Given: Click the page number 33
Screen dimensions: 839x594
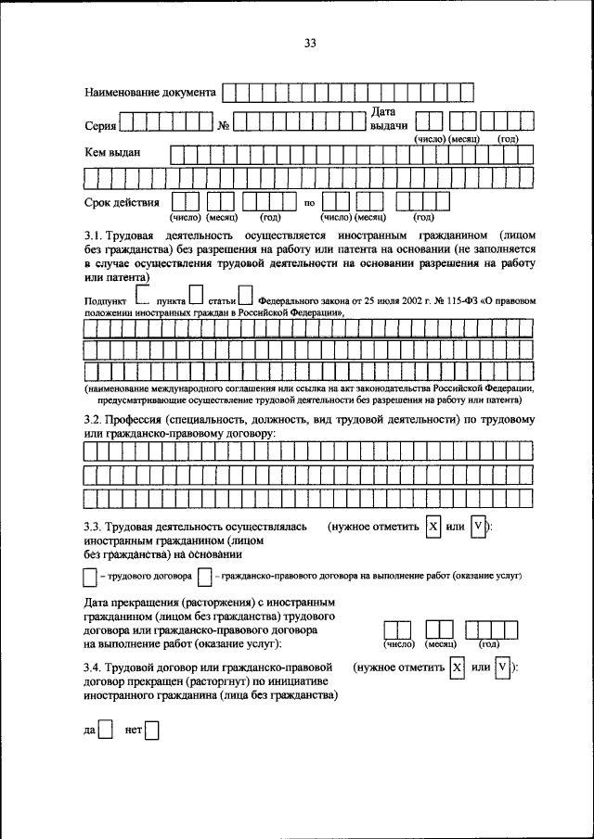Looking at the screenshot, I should pyautogui.click(x=310, y=43).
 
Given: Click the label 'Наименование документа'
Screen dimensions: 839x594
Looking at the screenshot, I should pyautogui.click(x=151, y=93).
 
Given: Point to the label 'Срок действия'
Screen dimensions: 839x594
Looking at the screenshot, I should pyautogui.click(x=122, y=201).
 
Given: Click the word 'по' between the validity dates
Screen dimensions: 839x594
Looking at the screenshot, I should pyautogui.click(x=310, y=202).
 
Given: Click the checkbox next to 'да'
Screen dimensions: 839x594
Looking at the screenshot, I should pyautogui.click(x=107, y=730).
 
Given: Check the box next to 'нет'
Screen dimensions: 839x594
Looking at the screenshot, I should pyautogui.click(x=151, y=730).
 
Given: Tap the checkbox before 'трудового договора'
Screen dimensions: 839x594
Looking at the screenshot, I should pyautogui.click(x=89, y=577).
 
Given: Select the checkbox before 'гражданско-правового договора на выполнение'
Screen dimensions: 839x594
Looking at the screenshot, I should pyautogui.click(x=204, y=577).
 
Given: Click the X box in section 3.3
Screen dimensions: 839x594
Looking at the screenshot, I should pyautogui.click(x=433, y=528).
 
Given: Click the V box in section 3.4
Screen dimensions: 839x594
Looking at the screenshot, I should pyautogui.click(x=503, y=668).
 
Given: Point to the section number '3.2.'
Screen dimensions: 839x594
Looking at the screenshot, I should pyautogui.click(x=96, y=420).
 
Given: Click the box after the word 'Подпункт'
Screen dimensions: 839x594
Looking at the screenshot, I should pyautogui.click(x=142, y=296).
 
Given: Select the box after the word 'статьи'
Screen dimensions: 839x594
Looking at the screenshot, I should pyautogui.click(x=245, y=296).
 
